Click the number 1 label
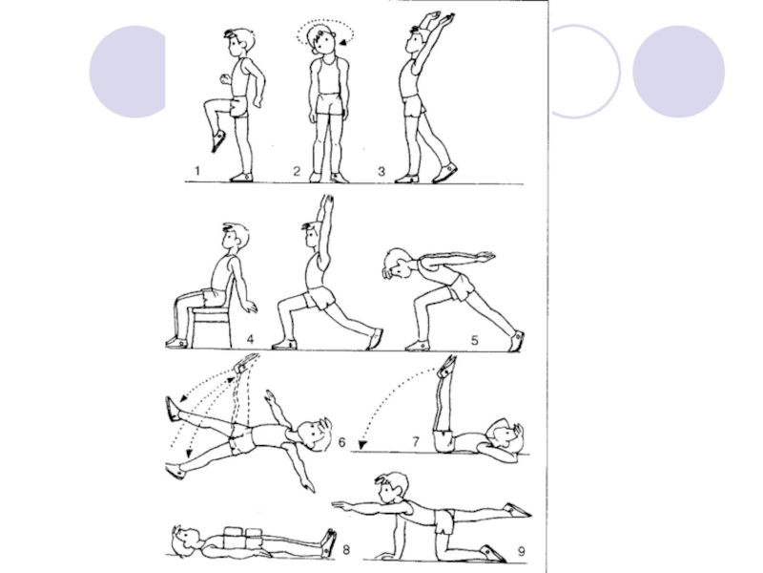coord(197,171)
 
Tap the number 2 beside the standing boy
coord(297,172)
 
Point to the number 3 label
coord(381,172)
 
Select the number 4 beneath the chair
coord(250,339)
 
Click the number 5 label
coord(475,340)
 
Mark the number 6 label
coord(341,442)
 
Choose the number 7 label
coord(416,441)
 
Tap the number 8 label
coord(346,550)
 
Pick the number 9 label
coord(521,552)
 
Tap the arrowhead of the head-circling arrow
coord(343,43)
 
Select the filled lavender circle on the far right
coord(678,72)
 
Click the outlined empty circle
coord(619,72)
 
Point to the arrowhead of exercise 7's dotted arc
coord(362,445)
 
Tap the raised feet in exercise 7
coord(447,367)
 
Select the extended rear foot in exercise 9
coord(518,510)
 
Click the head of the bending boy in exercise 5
coord(396,264)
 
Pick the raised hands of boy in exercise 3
coord(438,20)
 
